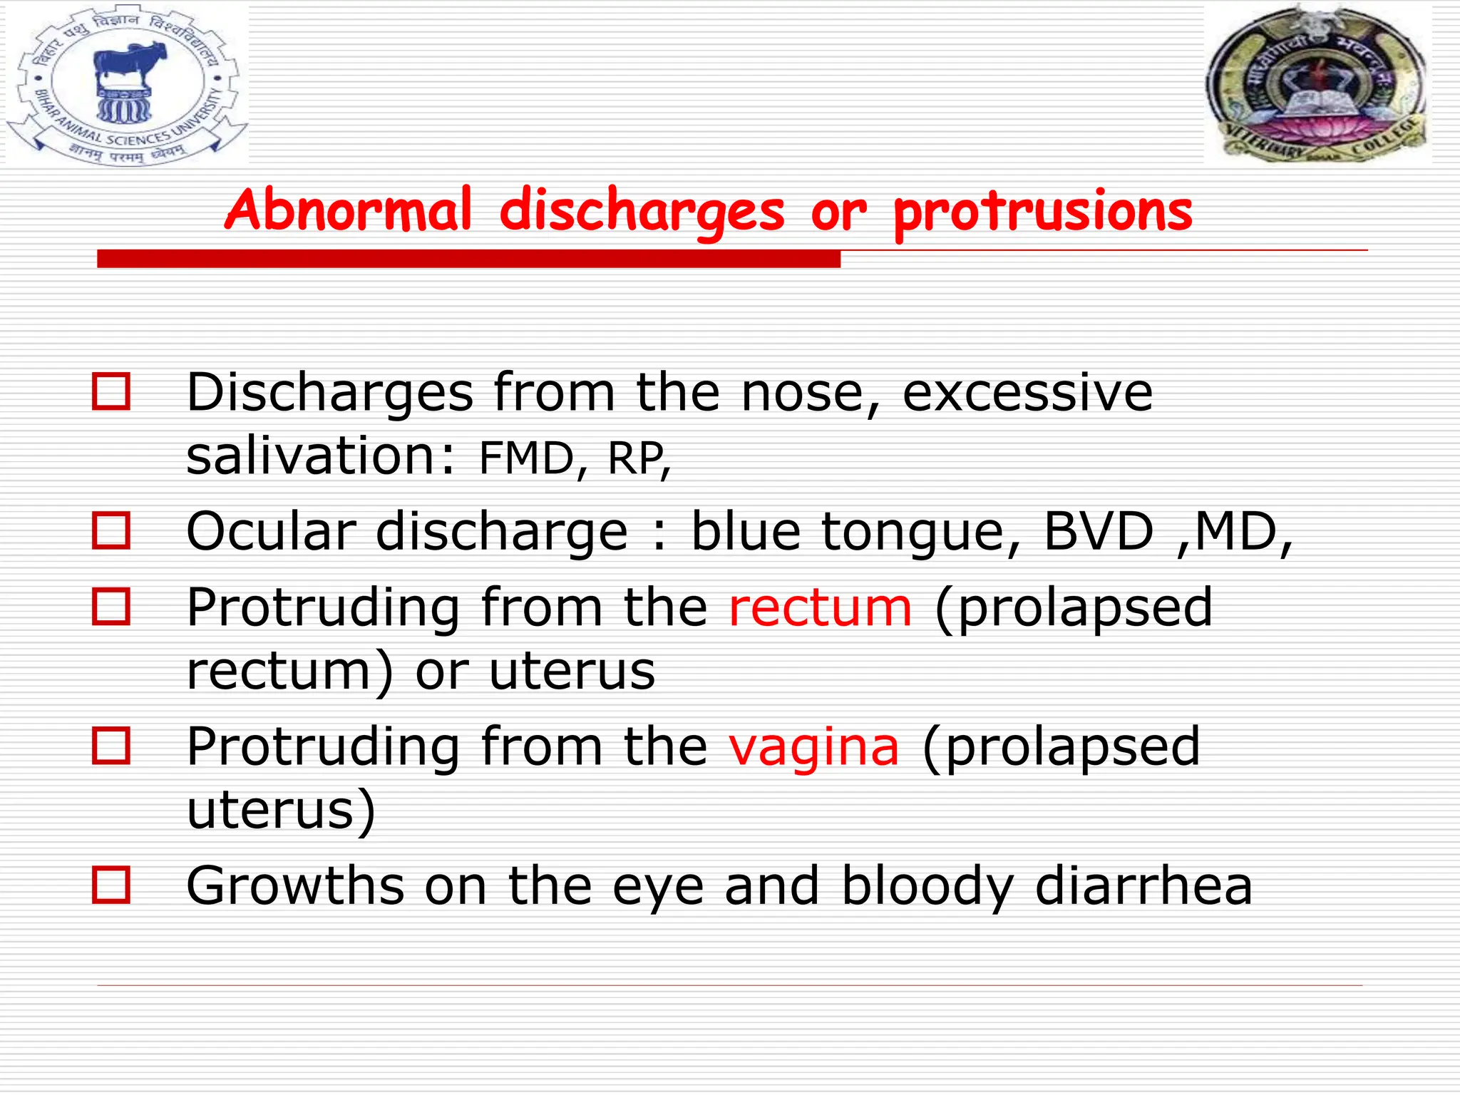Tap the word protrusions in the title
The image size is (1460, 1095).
tap(1042, 212)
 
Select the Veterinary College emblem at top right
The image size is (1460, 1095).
tap(1317, 83)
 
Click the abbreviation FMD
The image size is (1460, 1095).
tap(526, 458)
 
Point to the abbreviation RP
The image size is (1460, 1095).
tap(636, 458)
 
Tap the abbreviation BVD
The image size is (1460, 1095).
tap(1098, 531)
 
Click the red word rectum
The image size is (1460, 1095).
tap(820, 607)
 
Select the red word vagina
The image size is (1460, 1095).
tap(814, 746)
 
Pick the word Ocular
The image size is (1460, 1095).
tap(271, 531)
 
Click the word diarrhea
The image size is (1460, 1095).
tap(1143, 885)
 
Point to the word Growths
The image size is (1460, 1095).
tap(294, 885)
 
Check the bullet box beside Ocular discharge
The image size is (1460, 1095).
tap(111, 531)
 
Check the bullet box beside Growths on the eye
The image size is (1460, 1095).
tap(111, 885)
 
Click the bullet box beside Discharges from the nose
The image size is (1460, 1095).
tap(111, 392)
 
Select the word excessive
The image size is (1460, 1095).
tap(1027, 392)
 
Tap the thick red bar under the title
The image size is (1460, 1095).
tap(468, 259)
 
